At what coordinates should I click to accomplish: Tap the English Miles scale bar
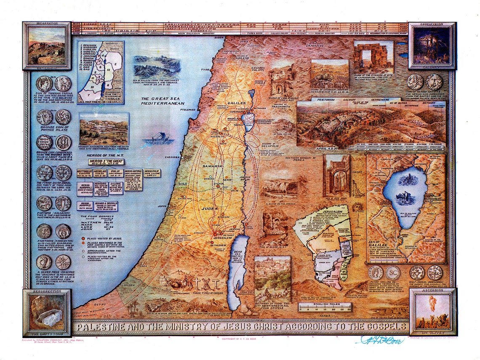(x=325, y=307)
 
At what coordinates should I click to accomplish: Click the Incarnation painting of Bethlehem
(x=46, y=45)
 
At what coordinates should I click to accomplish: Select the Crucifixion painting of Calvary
(x=432, y=45)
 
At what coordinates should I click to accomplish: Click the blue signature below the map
(x=379, y=339)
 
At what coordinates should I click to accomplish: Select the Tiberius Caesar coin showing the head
(x=44, y=83)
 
